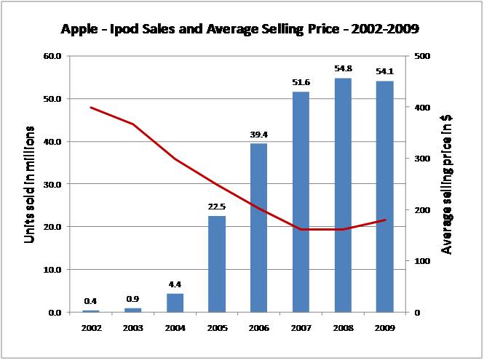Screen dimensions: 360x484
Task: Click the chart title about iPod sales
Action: [x=242, y=31]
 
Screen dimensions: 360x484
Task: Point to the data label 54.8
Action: [x=342, y=71]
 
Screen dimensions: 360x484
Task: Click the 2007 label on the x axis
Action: [x=301, y=328]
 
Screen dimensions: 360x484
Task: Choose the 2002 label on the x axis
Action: [x=91, y=328]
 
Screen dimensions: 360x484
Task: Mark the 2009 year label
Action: [x=384, y=328]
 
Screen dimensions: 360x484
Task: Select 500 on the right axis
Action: [x=421, y=56]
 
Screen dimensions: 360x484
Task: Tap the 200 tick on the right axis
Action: [x=421, y=210]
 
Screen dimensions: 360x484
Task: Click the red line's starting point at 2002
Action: [x=91, y=108]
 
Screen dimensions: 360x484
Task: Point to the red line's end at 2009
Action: [x=384, y=220]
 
